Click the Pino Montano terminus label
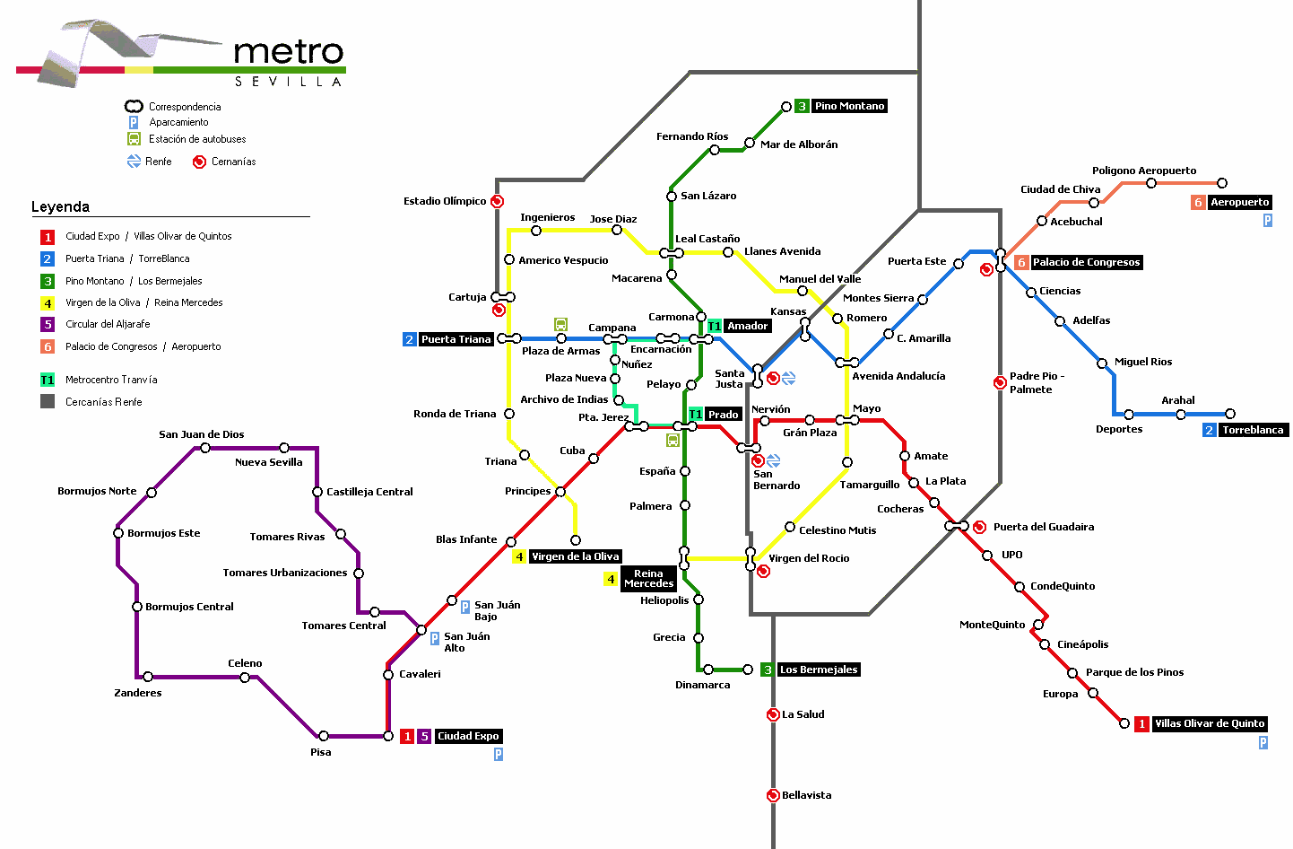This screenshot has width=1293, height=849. click(x=848, y=106)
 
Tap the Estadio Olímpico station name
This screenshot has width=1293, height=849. click(x=445, y=201)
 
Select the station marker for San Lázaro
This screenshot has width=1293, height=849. click(x=672, y=197)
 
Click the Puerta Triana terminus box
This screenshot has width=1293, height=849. click(x=456, y=339)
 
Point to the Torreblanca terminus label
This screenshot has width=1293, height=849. click(x=1252, y=430)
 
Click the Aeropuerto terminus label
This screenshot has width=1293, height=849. click(x=1239, y=202)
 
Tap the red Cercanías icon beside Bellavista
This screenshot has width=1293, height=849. click(x=773, y=795)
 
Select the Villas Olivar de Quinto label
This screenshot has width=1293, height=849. click(x=1209, y=723)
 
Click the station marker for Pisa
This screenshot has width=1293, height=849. click(x=324, y=736)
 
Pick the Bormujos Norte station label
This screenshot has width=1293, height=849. click(x=97, y=491)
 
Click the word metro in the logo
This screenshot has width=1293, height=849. click(x=289, y=52)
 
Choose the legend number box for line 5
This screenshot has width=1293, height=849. click(x=48, y=324)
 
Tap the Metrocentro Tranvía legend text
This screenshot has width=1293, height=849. click(x=111, y=380)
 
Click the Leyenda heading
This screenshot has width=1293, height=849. click(x=60, y=206)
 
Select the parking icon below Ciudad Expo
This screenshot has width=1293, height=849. click(x=499, y=755)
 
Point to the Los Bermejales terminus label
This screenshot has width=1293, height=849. click(x=818, y=670)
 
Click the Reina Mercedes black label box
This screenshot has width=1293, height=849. click(x=648, y=579)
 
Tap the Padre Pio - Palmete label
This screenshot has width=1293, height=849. click(x=1036, y=382)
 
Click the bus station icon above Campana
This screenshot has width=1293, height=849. click(x=560, y=324)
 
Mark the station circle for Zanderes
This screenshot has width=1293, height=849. click(x=148, y=677)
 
